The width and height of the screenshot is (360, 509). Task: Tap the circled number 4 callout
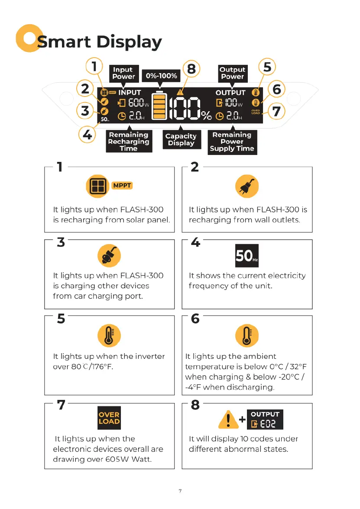[x=88, y=135]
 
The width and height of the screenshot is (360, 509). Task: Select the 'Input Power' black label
[x=123, y=73]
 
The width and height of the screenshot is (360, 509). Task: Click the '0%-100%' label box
[x=161, y=76]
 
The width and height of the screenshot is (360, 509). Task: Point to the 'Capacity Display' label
[x=181, y=140]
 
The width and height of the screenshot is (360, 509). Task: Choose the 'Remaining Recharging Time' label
[x=129, y=142]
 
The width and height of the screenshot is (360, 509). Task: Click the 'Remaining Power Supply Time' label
[x=232, y=142]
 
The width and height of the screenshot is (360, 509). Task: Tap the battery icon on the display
[x=160, y=106]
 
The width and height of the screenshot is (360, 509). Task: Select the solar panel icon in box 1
[x=97, y=186]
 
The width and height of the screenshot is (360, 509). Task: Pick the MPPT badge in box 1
[x=122, y=186]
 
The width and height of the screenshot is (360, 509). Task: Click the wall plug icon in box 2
[x=246, y=187]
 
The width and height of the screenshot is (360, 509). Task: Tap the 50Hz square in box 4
[x=246, y=256]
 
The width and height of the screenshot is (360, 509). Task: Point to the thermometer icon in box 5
[x=109, y=335]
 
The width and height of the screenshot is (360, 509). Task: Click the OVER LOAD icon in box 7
[x=109, y=418]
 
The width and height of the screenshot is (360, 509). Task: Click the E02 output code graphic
[x=265, y=419]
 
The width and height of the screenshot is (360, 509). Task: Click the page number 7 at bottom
[x=180, y=491]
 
